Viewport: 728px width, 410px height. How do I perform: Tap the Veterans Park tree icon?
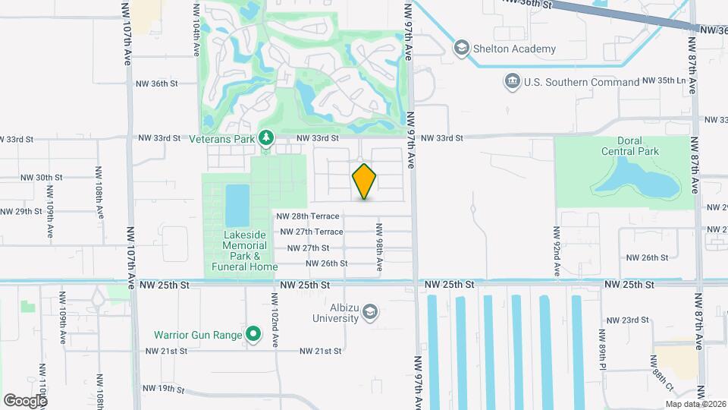point(265,137)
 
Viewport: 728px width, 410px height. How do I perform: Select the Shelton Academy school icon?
point(460,49)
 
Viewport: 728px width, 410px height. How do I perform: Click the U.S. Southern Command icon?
point(512,81)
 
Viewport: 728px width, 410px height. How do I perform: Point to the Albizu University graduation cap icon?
point(369,312)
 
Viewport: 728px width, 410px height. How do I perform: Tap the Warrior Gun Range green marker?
point(254,334)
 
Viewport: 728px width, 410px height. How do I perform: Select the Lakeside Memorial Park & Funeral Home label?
point(245,251)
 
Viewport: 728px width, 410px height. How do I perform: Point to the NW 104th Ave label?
point(196,30)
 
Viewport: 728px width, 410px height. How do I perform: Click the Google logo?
point(26,401)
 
